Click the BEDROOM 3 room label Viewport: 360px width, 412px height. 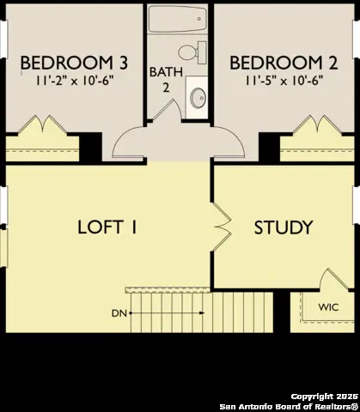click(x=74, y=63)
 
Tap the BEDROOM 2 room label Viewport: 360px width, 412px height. click(x=284, y=63)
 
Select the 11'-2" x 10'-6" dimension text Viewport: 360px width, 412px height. click(x=75, y=81)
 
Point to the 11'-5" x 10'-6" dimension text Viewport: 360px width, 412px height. click(x=284, y=81)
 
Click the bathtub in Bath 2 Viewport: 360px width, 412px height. click(x=177, y=19)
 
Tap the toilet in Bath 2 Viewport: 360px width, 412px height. click(x=192, y=52)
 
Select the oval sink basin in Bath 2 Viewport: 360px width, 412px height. click(x=198, y=98)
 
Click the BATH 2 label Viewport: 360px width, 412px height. click(x=166, y=80)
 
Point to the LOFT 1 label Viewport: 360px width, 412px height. click(x=107, y=227)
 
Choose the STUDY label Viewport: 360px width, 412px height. click(x=284, y=227)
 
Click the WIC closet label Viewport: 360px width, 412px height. click(x=328, y=307)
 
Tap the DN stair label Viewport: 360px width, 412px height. click(x=119, y=313)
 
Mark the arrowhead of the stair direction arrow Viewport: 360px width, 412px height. click(x=202, y=313)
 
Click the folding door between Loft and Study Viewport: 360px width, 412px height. click(x=223, y=227)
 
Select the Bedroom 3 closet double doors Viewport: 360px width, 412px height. click(x=43, y=124)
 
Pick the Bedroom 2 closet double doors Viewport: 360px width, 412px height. click(x=317, y=124)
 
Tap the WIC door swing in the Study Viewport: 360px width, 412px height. click(x=333, y=280)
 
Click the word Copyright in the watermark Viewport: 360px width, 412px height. click(x=312, y=397)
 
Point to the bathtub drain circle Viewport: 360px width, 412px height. click(x=199, y=19)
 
